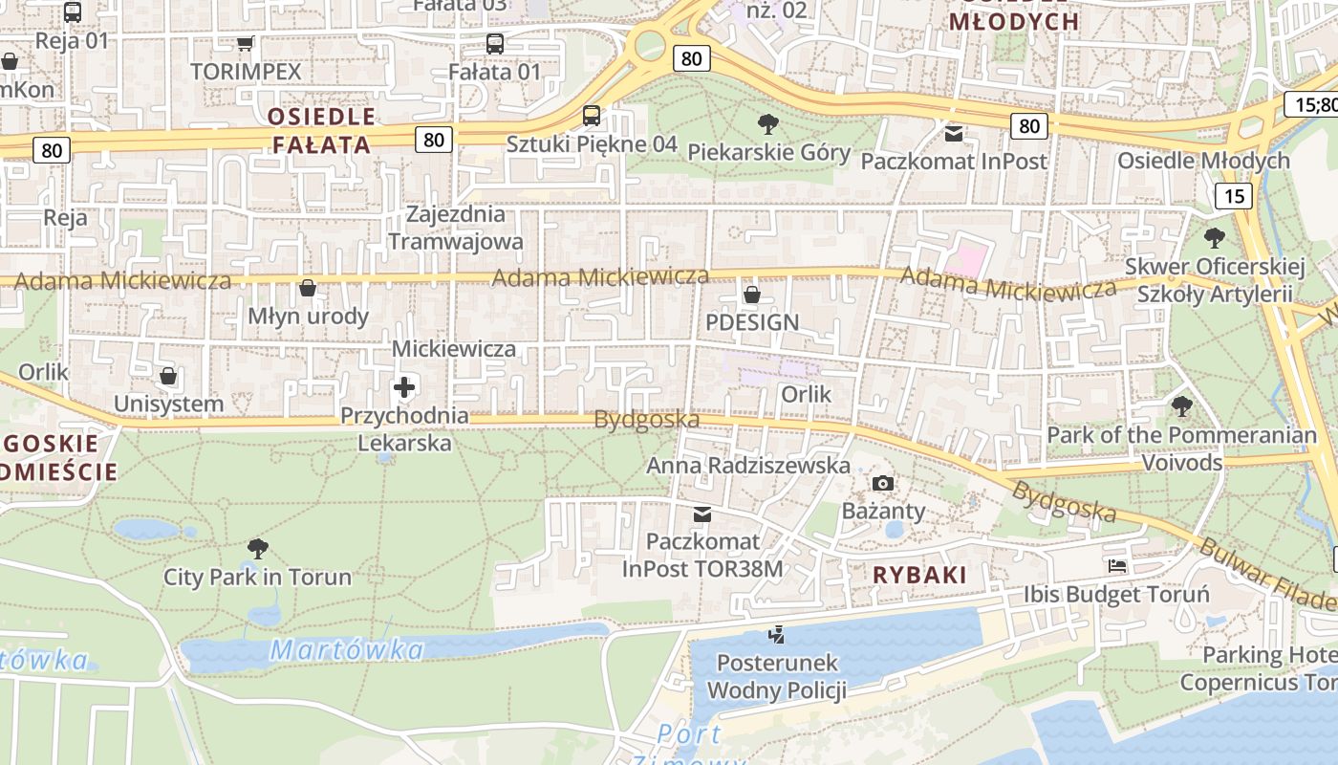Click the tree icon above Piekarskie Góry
coord(766,123)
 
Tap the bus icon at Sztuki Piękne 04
coord(592,116)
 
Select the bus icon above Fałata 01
coord(494,43)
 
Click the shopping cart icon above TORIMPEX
coord(245,43)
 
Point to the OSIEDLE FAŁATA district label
coord(321,131)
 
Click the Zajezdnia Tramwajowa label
coord(456,228)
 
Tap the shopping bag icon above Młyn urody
coord(308,288)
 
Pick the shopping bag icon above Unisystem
coord(168,376)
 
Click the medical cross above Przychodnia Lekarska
coord(404,387)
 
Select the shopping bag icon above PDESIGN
coord(752,294)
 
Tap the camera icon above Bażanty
coord(883,483)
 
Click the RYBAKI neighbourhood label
coord(919,575)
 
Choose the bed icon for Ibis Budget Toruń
coord(1116,565)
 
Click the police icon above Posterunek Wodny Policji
coord(776,634)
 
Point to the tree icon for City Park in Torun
coord(257,548)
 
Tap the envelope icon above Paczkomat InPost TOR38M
coord(702,514)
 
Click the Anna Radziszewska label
coord(748,466)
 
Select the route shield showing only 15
coord(1234,196)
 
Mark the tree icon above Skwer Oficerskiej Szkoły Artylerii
coord(1214,237)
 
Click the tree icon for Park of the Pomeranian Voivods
coord(1181,406)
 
